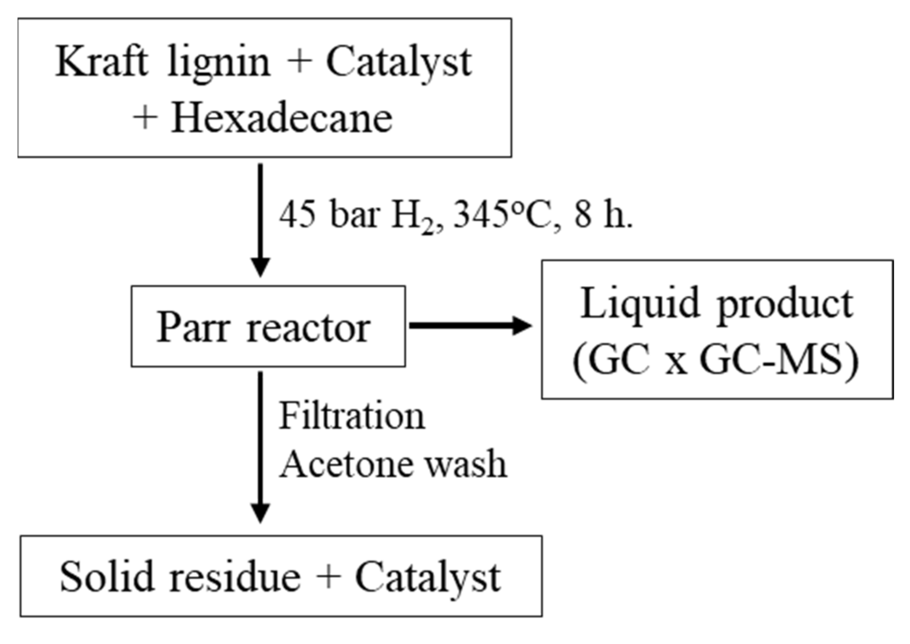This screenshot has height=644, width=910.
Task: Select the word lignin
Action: pos(219,63)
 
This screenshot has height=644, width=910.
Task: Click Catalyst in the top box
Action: pos(399,63)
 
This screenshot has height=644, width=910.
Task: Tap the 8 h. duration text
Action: pos(603,216)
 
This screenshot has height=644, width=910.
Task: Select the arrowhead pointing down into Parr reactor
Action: pos(260,266)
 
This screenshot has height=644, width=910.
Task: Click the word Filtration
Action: pos(352,416)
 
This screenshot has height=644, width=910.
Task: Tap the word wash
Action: pos(466,464)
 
